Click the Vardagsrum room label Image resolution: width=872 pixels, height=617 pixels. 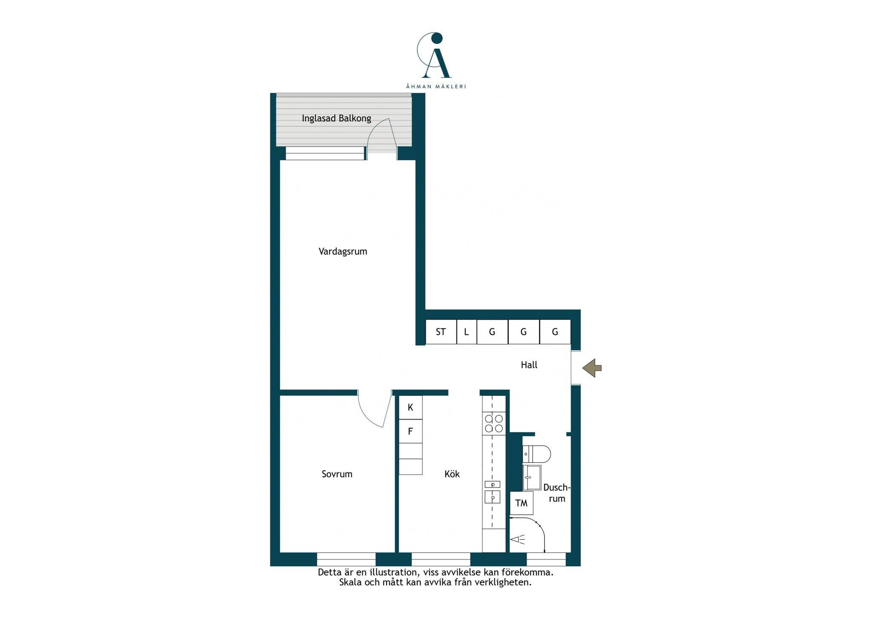(x=343, y=251)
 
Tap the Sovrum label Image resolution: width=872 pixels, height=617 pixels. (x=337, y=474)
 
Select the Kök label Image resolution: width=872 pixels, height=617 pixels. (x=452, y=474)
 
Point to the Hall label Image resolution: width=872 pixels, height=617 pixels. (x=529, y=365)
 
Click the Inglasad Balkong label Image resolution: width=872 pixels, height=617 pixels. (x=336, y=118)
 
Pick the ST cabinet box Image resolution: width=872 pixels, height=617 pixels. (x=441, y=332)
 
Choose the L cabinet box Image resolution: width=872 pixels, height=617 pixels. (x=467, y=332)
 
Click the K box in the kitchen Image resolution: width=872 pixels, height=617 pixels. (x=410, y=407)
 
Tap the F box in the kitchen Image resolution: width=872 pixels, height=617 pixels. (x=410, y=431)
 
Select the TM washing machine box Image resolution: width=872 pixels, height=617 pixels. (x=522, y=503)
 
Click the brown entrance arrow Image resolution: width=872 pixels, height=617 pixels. (x=592, y=368)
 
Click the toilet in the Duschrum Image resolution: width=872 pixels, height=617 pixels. (x=536, y=454)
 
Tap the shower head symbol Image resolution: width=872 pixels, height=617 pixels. (x=517, y=539)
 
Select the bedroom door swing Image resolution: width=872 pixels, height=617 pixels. (x=375, y=409)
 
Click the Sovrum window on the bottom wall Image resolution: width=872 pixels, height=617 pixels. (x=346, y=559)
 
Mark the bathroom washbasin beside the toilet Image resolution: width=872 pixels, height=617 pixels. (x=532, y=478)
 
